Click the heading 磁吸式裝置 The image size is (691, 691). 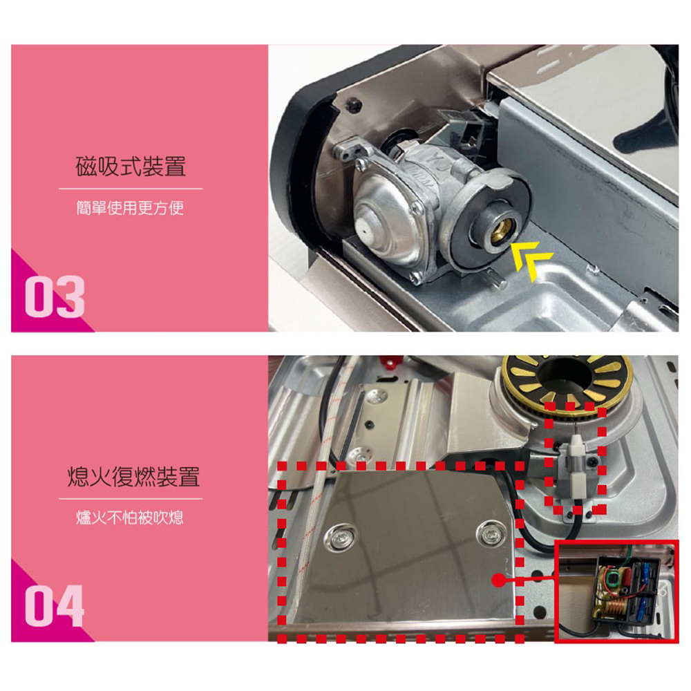click(x=131, y=166)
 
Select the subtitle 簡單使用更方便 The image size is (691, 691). click(x=130, y=207)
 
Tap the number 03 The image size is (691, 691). click(x=55, y=296)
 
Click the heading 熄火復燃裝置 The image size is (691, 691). click(x=133, y=476)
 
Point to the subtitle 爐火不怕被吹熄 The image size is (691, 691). click(x=130, y=518)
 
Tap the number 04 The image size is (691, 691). click(x=55, y=606)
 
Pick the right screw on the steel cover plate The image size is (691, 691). click(x=491, y=533)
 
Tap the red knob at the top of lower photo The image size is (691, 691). click(x=391, y=363)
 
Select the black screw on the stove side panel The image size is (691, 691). click(x=354, y=105)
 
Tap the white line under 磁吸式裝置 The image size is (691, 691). click(x=131, y=189)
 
